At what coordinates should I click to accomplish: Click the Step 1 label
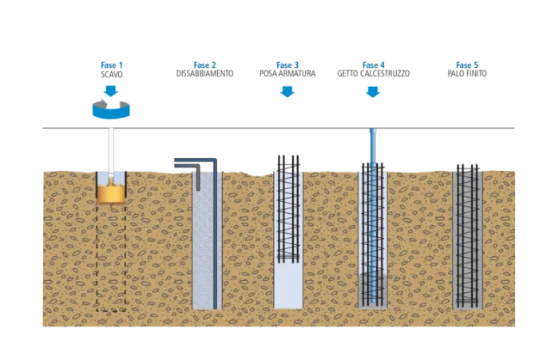pos(111,63)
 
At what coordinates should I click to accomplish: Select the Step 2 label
pos(204,63)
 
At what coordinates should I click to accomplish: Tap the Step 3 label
pos(287,63)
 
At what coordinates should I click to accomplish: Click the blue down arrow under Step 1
pos(111,89)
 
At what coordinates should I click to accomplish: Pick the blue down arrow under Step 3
pos(287,93)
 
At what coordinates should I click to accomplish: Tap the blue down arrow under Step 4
pos(371,93)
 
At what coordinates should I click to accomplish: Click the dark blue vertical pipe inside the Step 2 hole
pos(214,239)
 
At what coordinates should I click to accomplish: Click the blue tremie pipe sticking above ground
pos(371,144)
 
